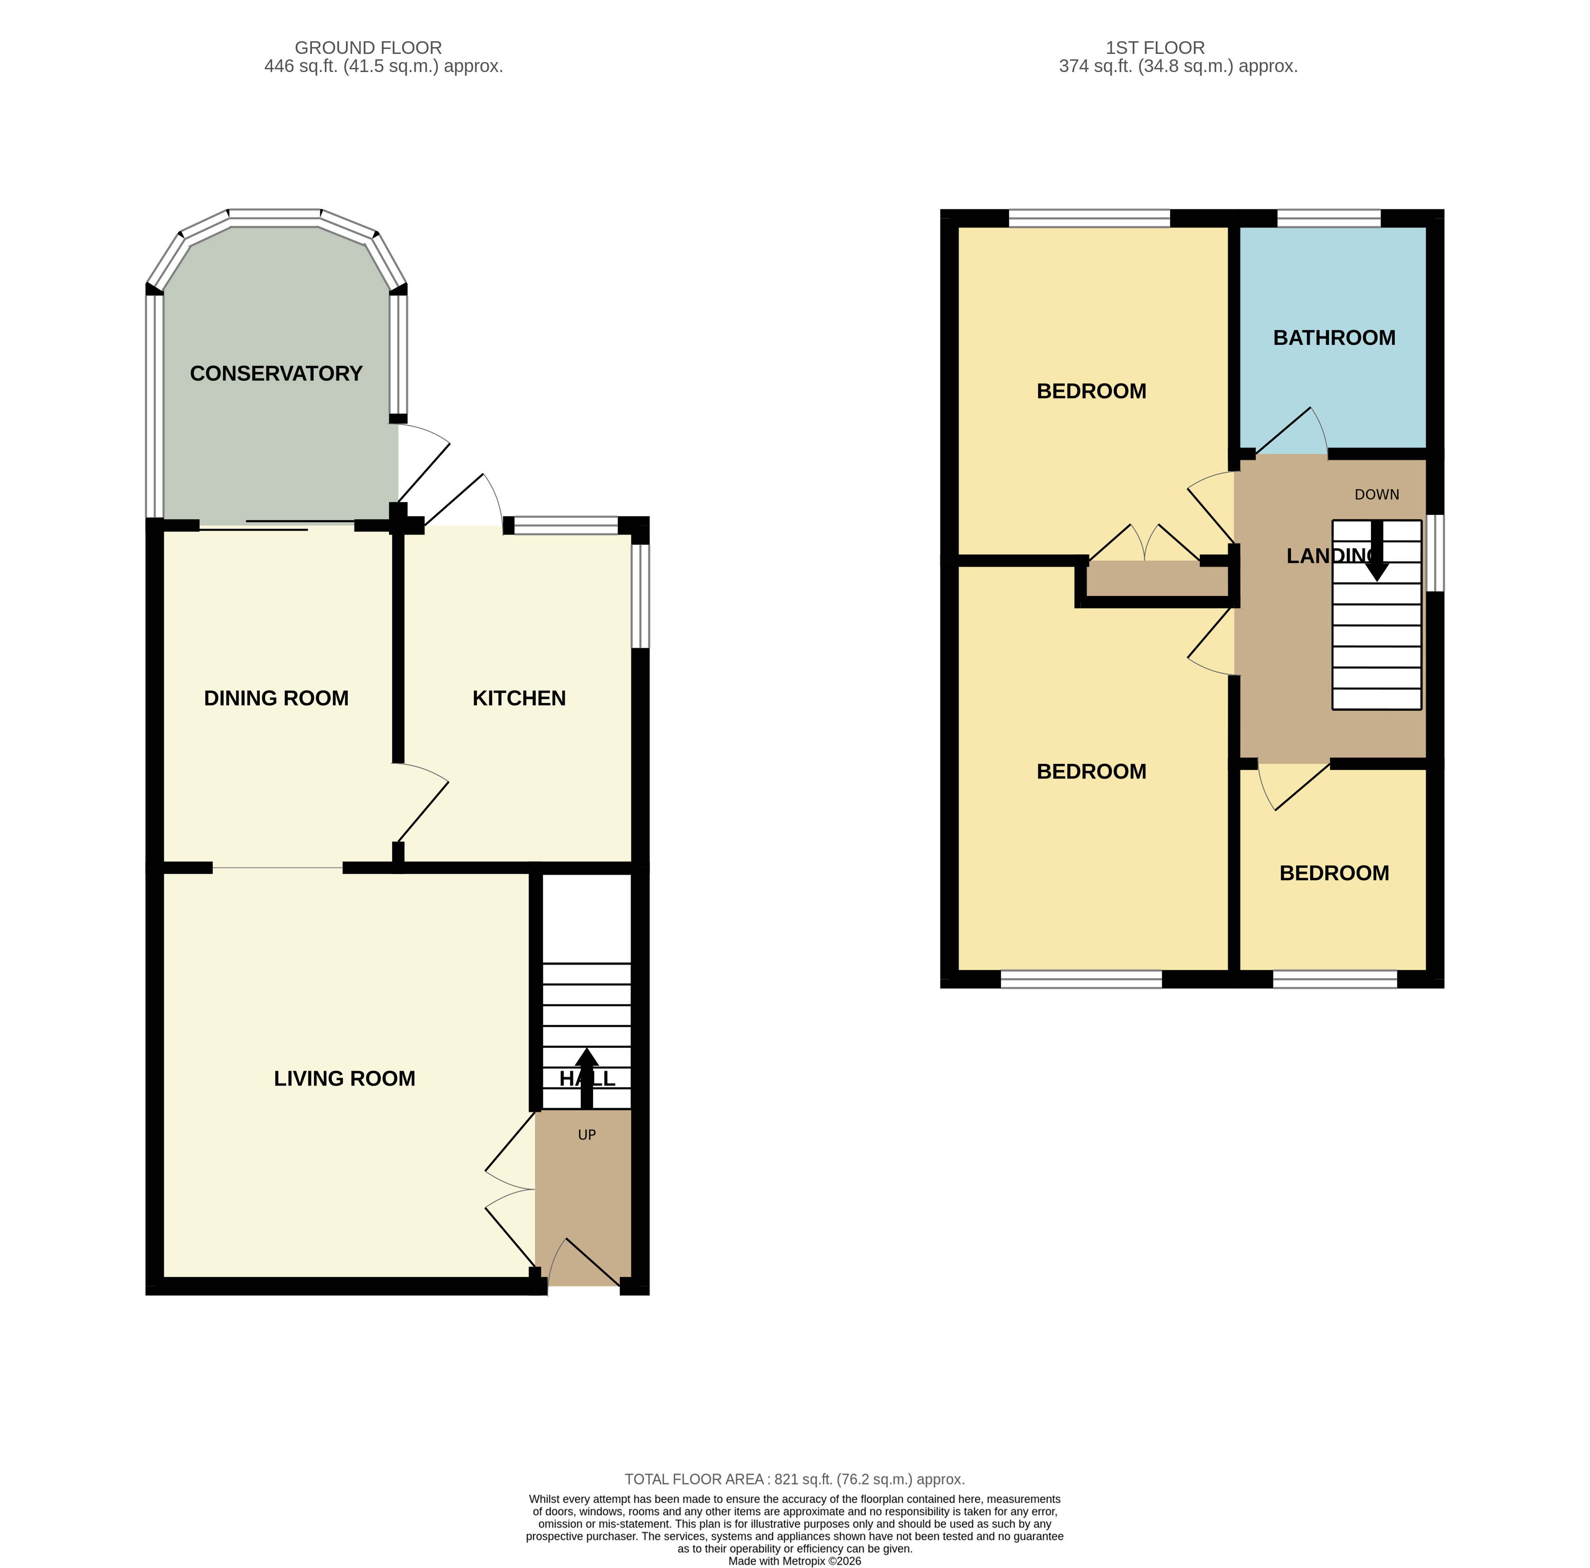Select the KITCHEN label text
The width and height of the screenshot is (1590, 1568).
click(x=519, y=698)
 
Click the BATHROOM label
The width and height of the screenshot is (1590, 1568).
click(x=1333, y=338)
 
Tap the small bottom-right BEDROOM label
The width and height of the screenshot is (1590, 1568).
click(x=1333, y=874)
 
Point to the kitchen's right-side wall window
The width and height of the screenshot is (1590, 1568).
click(x=640, y=595)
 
